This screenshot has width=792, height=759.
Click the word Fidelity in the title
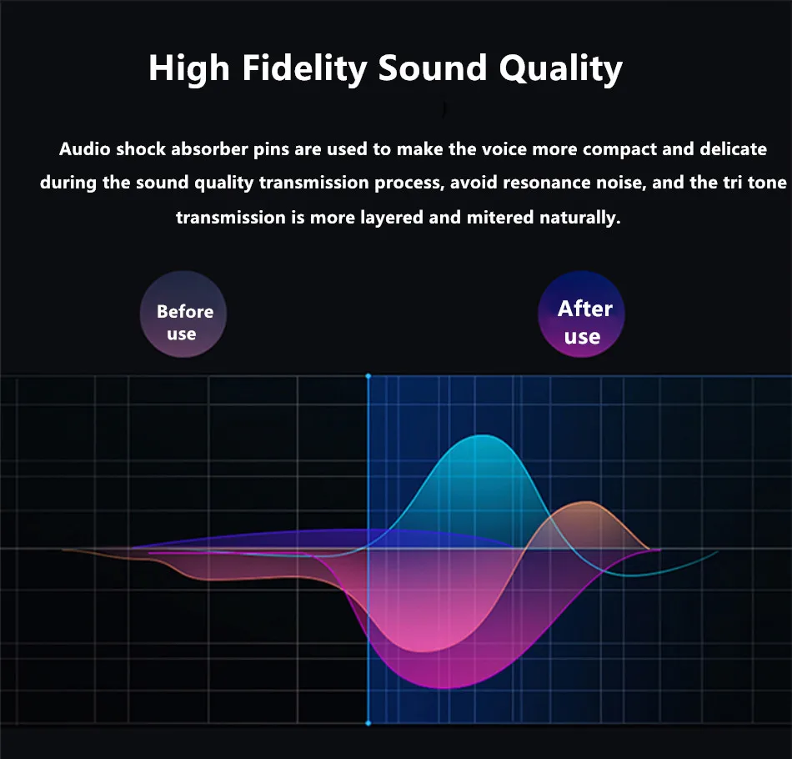coord(304,68)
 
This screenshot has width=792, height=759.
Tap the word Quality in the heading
coord(561,68)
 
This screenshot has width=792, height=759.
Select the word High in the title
coord(189,68)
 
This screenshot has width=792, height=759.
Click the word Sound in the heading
coord(433,68)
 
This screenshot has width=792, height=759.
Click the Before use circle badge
coord(183,314)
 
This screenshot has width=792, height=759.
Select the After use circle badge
coord(581,314)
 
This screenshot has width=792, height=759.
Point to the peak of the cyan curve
coord(483,435)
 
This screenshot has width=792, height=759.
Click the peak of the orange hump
coord(586,502)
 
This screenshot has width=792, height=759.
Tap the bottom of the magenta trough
coord(444,688)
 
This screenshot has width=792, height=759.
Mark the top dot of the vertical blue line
coord(368,376)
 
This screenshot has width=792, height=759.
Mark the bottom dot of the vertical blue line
coord(368,723)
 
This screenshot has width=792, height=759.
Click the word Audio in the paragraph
coord(84,149)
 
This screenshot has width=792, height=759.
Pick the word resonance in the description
coord(547,183)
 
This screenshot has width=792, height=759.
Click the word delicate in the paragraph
coord(733,149)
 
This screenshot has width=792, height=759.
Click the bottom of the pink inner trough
coord(424,651)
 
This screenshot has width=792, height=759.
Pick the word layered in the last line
coord(392,218)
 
